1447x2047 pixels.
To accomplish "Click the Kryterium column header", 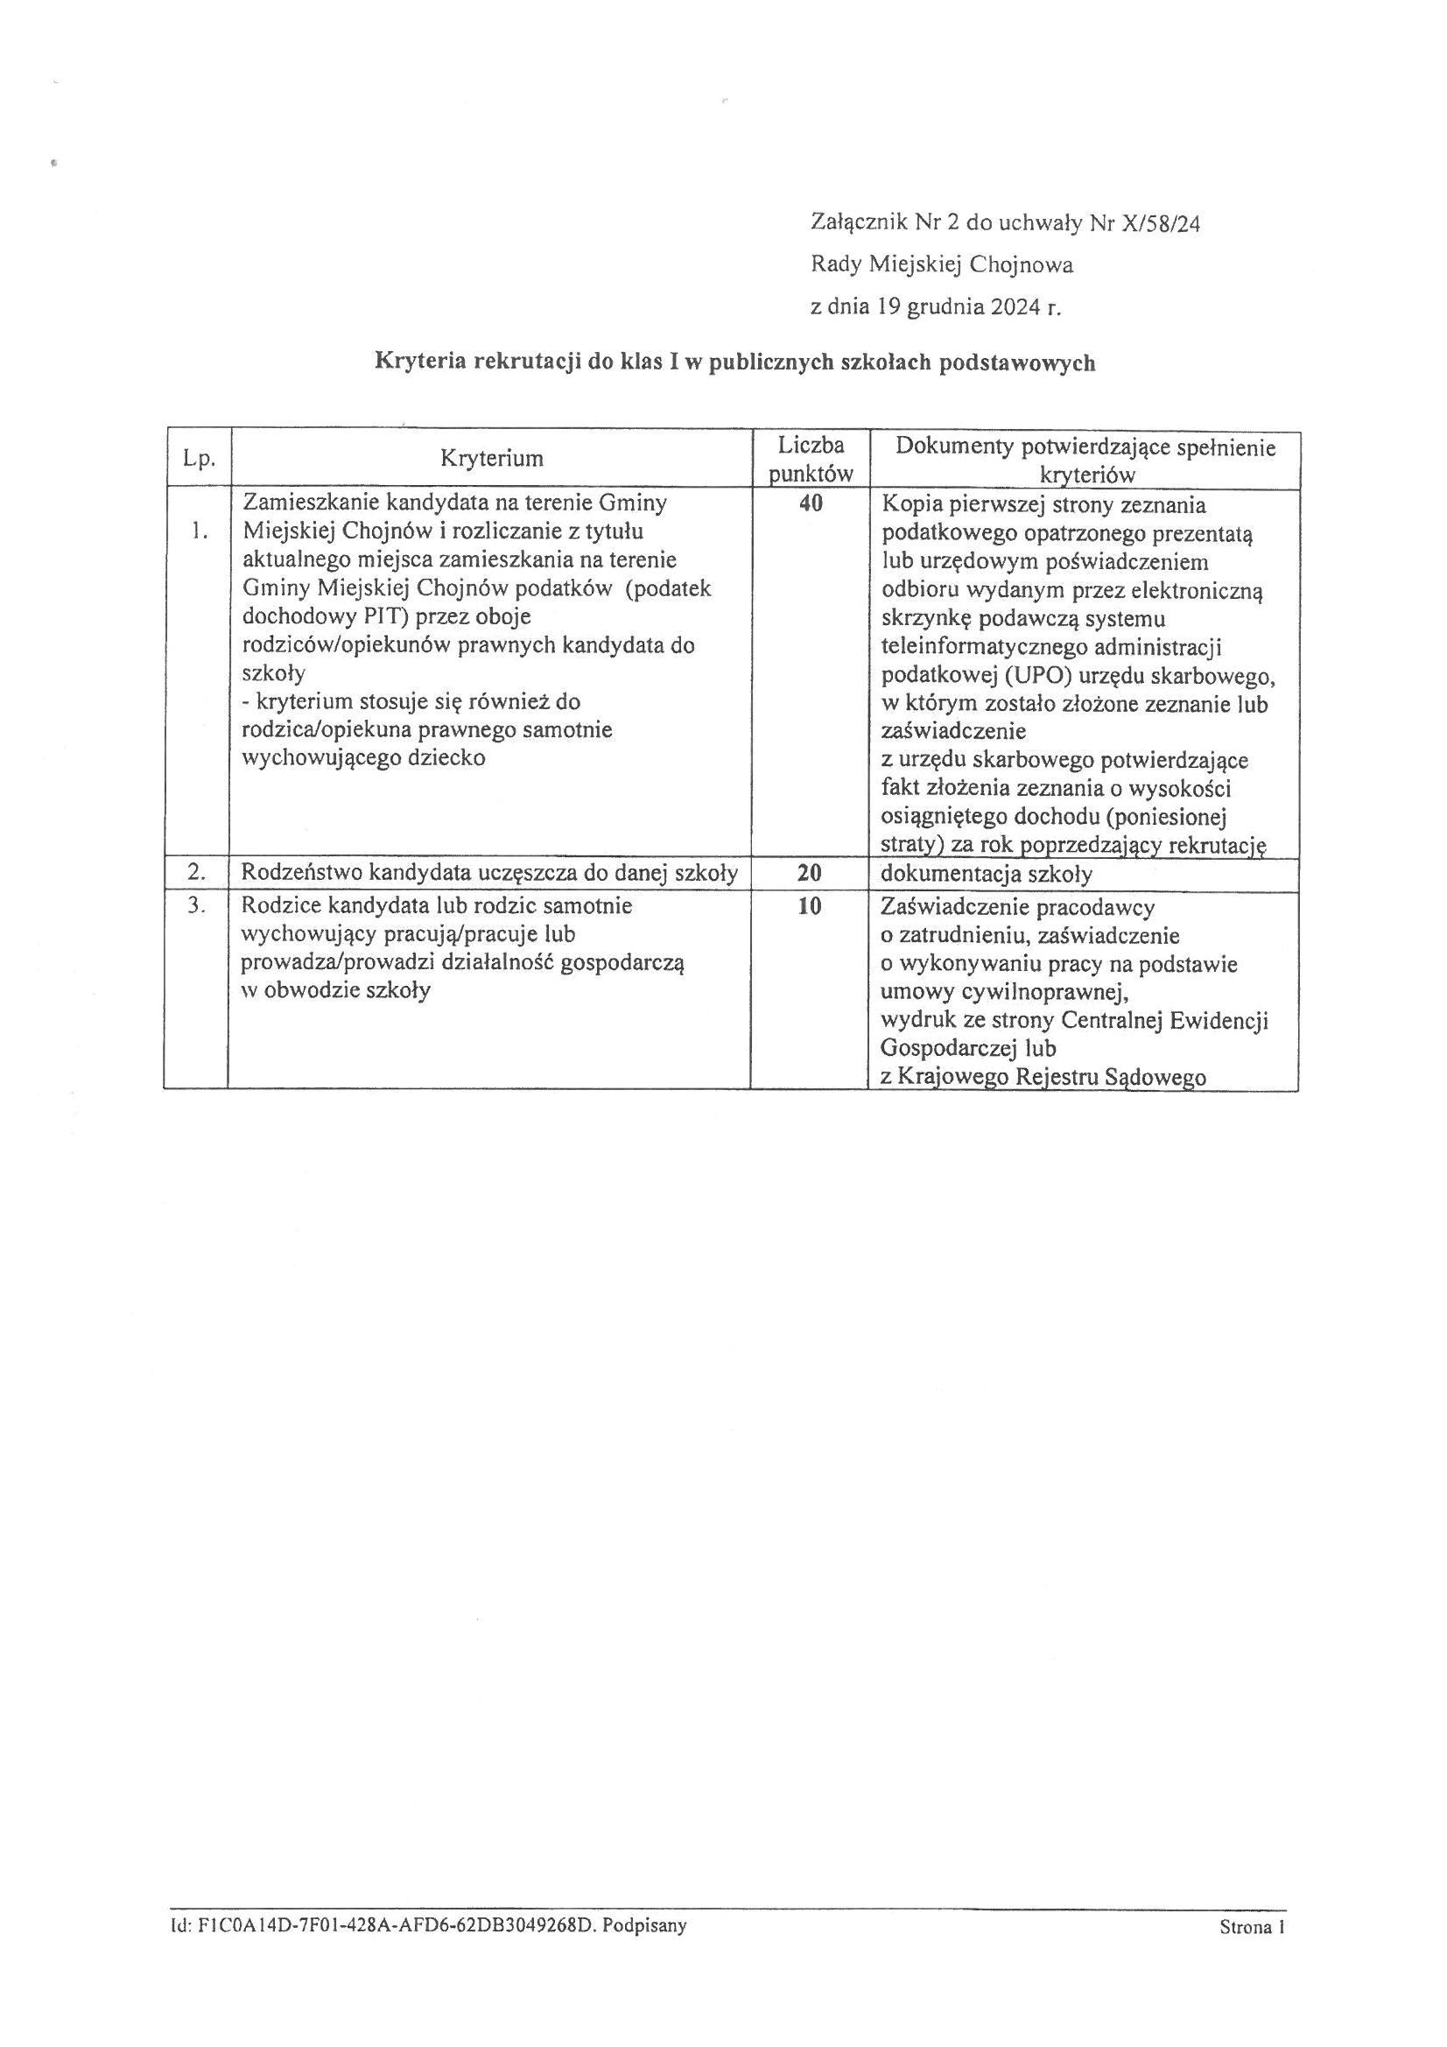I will [x=491, y=458].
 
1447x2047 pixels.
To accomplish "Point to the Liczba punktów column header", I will [x=811, y=458].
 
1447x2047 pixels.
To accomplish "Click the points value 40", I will [x=811, y=503].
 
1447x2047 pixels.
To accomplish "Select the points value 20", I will [x=810, y=874].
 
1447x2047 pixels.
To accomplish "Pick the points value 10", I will [x=810, y=907].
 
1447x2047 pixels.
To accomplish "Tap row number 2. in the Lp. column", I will [x=197, y=873].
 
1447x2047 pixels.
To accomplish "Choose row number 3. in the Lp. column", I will [x=197, y=907].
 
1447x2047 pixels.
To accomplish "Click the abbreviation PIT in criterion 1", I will [x=386, y=617].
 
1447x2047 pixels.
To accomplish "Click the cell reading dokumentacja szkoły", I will [x=986, y=875].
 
